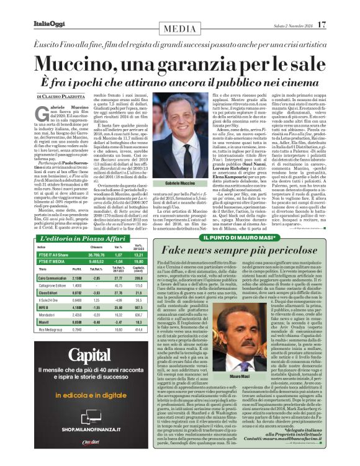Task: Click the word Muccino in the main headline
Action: coord(77,64)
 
